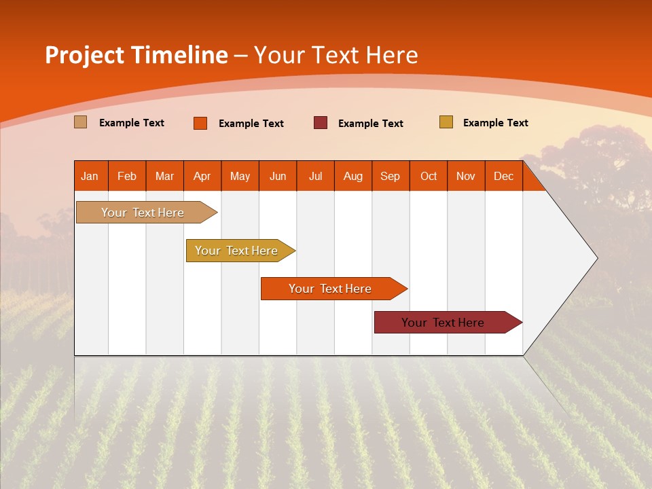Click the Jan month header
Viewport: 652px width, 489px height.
pyautogui.click(x=90, y=177)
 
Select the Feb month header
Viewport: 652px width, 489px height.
pyautogui.click(x=127, y=177)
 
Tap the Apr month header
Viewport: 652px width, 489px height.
pyautogui.click(x=202, y=177)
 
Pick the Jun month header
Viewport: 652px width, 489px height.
pyautogui.click(x=278, y=177)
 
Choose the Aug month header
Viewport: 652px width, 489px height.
pyautogui.click(x=352, y=177)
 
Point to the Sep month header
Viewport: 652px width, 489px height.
pyautogui.click(x=390, y=177)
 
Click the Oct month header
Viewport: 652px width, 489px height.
pyautogui.click(x=429, y=177)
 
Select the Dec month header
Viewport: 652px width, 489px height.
pyautogui.click(x=503, y=177)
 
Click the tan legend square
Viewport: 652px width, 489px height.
pyautogui.click(x=80, y=122)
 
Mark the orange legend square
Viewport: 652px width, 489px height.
pyautogui.click(x=200, y=123)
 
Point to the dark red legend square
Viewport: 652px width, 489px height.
pyautogui.click(x=321, y=122)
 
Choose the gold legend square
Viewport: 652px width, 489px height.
pyautogui.click(x=446, y=122)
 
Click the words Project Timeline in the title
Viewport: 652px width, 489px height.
pyautogui.click(x=136, y=55)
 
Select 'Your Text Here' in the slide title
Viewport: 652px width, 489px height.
pyautogui.click(x=336, y=55)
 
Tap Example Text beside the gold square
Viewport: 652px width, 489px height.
pyautogui.click(x=495, y=123)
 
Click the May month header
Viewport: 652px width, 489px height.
pyautogui.click(x=240, y=177)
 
